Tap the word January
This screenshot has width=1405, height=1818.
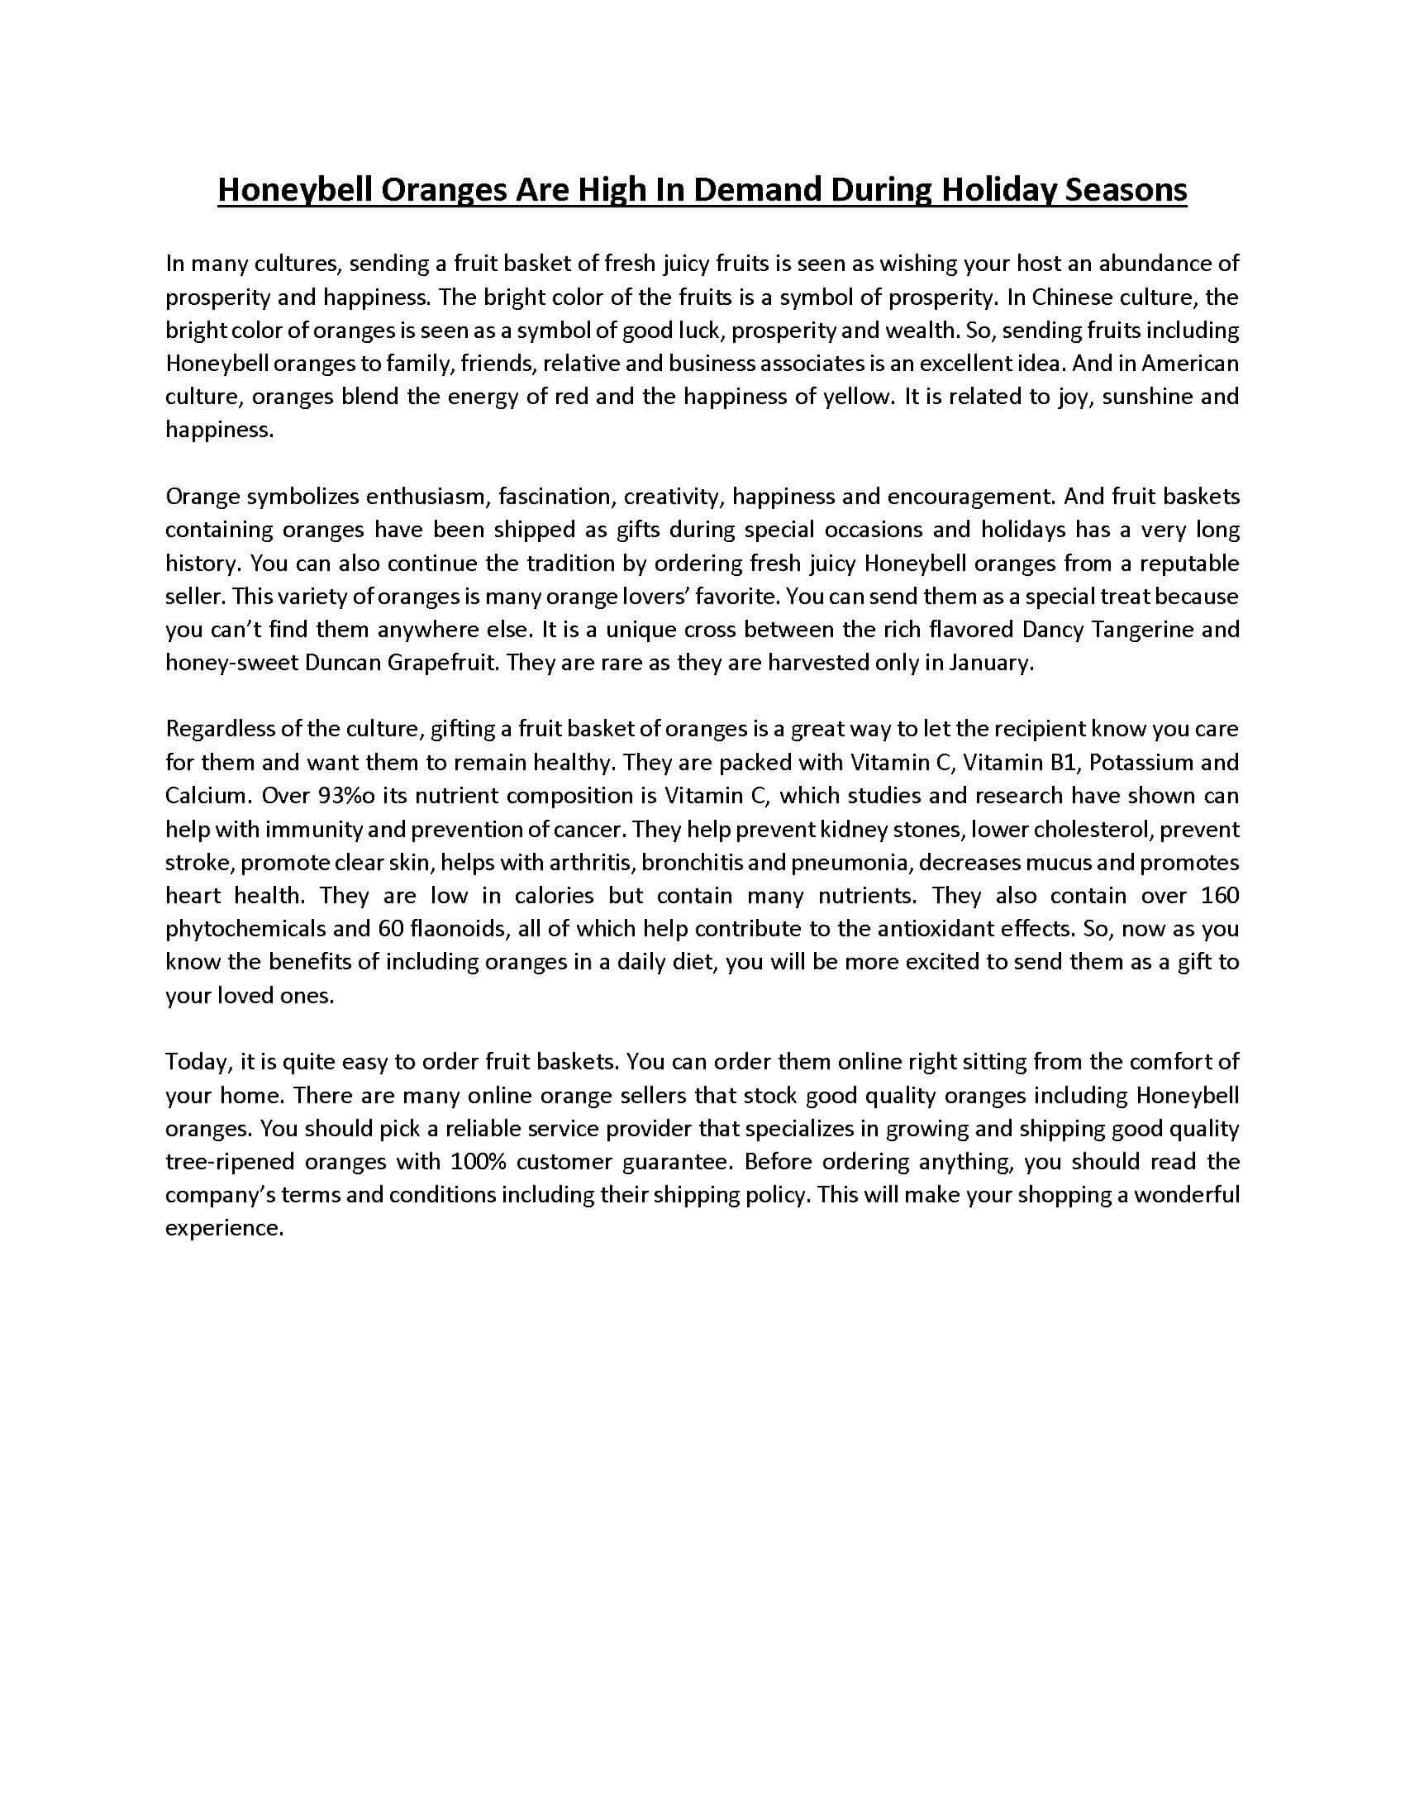[x=994, y=664]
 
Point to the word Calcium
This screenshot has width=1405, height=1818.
[x=207, y=796]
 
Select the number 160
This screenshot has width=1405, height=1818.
[x=1221, y=896]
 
